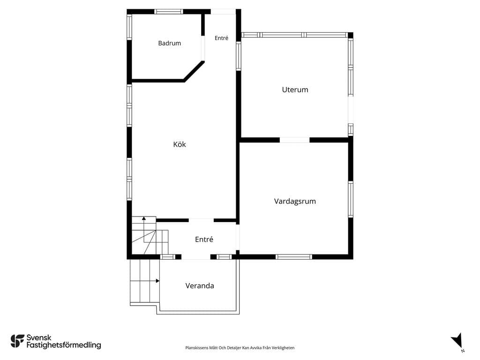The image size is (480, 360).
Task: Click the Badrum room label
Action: (169, 43)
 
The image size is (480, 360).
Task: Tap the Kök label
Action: (180, 144)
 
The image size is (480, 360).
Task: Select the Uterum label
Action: (295, 90)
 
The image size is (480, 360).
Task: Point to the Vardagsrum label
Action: (295, 201)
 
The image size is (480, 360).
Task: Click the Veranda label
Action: (200, 285)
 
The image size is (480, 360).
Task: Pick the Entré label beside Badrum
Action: (221, 38)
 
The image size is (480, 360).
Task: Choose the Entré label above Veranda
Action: (204, 239)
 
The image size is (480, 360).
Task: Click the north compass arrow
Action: (457, 341)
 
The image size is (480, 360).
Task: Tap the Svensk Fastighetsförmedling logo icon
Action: (17, 341)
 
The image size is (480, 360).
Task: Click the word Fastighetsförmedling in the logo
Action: (64, 345)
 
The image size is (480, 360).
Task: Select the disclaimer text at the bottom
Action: (240, 348)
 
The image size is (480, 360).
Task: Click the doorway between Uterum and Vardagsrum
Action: (294, 140)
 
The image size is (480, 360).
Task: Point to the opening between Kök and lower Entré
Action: (201, 220)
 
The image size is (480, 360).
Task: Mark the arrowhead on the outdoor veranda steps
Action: (157, 281)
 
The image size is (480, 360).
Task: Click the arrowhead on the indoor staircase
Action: (144, 218)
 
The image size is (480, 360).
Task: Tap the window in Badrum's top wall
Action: (168, 12)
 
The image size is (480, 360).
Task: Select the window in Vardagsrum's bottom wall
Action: (293, 257)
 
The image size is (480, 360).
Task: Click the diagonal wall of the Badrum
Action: (194, 71)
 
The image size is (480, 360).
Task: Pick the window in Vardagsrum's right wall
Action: (351, 199)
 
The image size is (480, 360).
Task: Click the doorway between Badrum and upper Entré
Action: (202, 48)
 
